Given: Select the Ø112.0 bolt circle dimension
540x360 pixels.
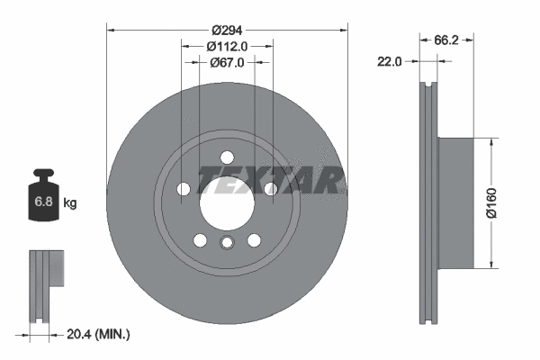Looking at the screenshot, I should click(226, 45).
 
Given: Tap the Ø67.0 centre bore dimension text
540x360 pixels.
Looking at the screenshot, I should click(226, 62).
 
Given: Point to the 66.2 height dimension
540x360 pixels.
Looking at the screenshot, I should click(447, 40).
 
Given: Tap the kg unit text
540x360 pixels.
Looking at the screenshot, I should click(70, 204).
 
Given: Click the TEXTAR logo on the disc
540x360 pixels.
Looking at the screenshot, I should click(270, 180).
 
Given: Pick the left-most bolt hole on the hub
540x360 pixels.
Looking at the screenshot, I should click(184, 189).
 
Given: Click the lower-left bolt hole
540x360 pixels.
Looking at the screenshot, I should click(200, 239).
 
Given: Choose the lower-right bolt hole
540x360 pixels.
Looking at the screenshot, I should click(253, 239).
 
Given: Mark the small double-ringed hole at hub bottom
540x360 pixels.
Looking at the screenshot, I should click(227, 242).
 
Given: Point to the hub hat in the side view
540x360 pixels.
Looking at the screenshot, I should click(455, 202).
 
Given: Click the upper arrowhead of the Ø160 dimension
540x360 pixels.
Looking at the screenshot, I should click(491, 142).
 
